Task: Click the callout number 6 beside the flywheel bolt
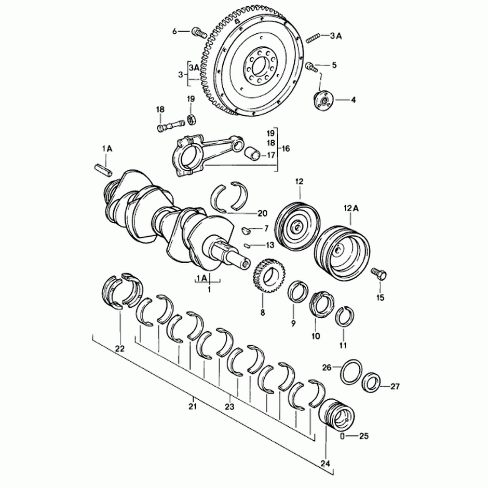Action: click(x=174, y=31)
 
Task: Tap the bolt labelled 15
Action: click(x=379, y=274)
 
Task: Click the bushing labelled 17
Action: click(x=252, y=153)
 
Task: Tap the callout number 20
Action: click(x=262, y=213)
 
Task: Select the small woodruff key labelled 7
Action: click(x=246, y=231)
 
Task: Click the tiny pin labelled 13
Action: click(x=248, y=246)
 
